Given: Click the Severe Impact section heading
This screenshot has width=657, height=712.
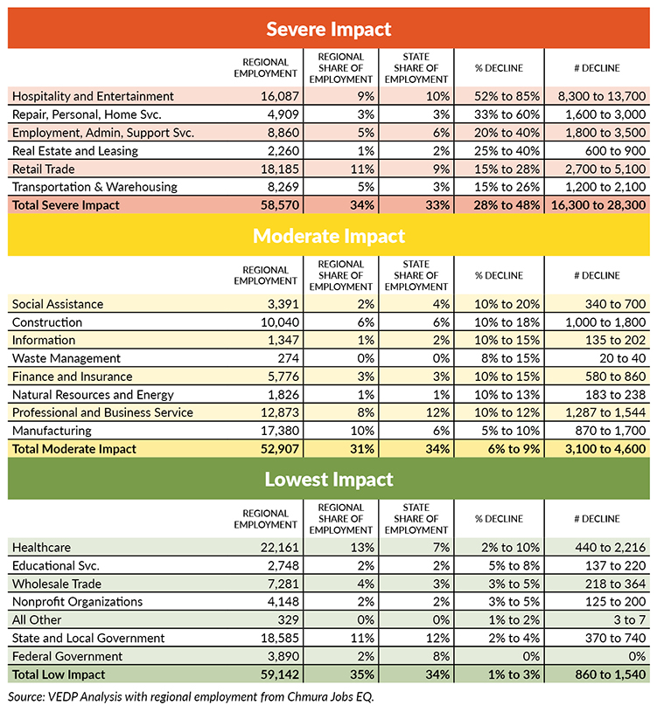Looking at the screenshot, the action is (328, 29).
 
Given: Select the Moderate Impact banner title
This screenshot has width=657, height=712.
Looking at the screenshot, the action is (329, 236).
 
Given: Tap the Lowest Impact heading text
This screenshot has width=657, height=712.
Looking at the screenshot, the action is (329, 480).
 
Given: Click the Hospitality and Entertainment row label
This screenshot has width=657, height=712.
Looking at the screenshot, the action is (93, 96).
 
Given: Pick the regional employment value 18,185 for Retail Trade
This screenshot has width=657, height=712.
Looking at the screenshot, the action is (280, 169).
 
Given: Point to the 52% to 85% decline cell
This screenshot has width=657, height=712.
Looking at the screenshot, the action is (507, 96).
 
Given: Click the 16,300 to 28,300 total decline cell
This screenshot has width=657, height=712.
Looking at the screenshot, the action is (598, 205).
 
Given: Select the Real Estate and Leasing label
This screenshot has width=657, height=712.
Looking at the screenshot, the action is (75, 151).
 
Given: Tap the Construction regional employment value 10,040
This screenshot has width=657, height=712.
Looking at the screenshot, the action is (280, 322).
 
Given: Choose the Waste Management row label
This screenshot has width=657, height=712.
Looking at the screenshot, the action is (66, 358).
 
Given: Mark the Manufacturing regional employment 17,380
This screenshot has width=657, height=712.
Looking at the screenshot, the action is (280, 431).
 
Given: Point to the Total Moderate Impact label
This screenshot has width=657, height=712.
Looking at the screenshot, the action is (74, 449).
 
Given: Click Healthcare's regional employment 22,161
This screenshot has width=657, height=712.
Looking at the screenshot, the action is (280, 548).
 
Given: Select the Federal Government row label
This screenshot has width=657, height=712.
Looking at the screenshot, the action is (67, 656).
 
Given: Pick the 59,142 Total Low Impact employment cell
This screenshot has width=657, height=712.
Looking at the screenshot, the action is (280, 674).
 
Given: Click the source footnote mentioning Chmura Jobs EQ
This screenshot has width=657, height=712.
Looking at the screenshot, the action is (191, 697).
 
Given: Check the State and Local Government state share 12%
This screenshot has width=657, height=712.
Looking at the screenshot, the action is (437, 638).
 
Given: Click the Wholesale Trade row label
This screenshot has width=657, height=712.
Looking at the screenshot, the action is (57, 584).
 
